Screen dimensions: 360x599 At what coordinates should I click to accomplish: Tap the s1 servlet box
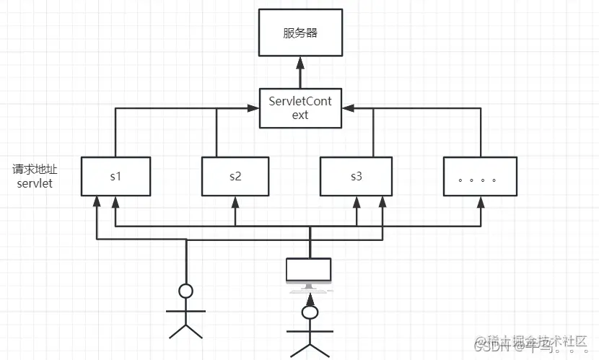[x=115, y=176]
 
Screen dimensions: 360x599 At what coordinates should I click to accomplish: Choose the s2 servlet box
[x=235, y=176]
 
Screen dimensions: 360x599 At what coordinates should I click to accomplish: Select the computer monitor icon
[x=310, y=270]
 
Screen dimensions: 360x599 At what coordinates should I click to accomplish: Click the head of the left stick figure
[x=186, y=291]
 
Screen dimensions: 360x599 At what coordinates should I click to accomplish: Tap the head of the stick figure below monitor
[x=310, y=312]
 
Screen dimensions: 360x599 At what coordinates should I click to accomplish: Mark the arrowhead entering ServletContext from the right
[x=349, y=108]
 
